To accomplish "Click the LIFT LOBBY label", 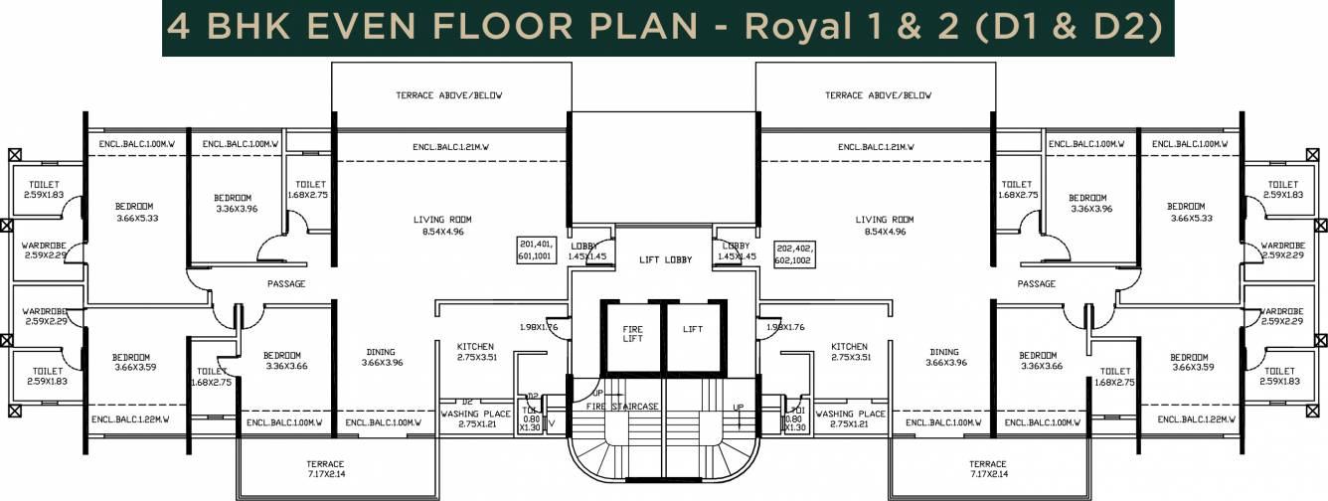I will coord(664,259).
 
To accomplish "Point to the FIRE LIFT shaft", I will coord(633,334).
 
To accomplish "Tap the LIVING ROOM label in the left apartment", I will coord(442,219).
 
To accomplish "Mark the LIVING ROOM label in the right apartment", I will coord(884,219).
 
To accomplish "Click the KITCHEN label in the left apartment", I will coord(475,346).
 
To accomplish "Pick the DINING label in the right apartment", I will coord(944,352).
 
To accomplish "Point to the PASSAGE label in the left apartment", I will coord(286,283).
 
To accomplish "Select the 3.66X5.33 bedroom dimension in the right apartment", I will coord(1192,219).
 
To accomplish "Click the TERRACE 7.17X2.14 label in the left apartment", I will coord(325,469).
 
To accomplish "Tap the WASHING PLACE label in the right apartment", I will coord(850,414).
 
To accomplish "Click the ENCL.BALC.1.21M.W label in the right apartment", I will coord(876,147).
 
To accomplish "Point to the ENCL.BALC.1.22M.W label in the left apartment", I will coord(130,419).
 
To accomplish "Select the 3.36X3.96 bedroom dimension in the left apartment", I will coord(236,209).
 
